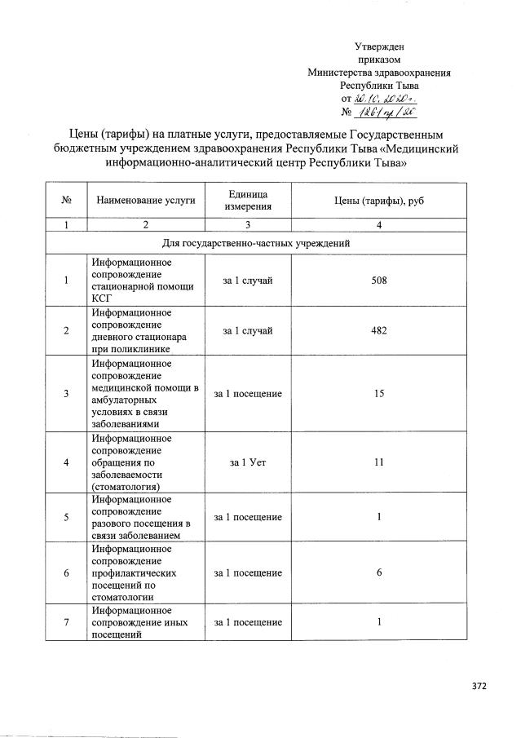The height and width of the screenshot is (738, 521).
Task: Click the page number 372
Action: [479, 687]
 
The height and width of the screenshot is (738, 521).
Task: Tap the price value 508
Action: [378, 281]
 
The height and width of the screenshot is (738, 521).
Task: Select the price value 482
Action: [378, 330]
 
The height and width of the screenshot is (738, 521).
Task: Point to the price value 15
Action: [378, 394]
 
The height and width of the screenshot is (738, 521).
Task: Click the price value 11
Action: [378, 462]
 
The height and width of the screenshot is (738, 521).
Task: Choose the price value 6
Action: [378, 573]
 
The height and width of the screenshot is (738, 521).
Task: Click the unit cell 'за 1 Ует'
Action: [248, 462]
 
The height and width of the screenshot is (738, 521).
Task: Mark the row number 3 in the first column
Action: [65, 394]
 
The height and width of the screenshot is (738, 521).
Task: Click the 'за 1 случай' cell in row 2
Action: [248, 330]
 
